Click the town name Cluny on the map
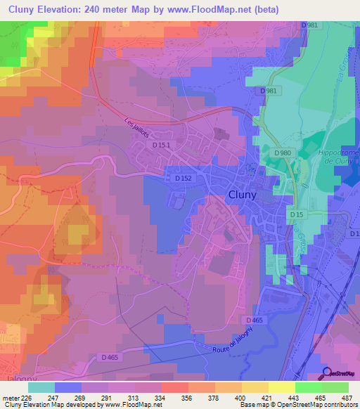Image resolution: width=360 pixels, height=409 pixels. tap(242, 196)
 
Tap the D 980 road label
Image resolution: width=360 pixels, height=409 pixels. tap(283, 152)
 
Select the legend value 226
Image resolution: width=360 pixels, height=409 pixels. tap(27, 398)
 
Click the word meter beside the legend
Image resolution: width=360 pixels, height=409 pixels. tap(10, 398)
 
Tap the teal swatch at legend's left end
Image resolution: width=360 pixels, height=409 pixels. tap(41, 387)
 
